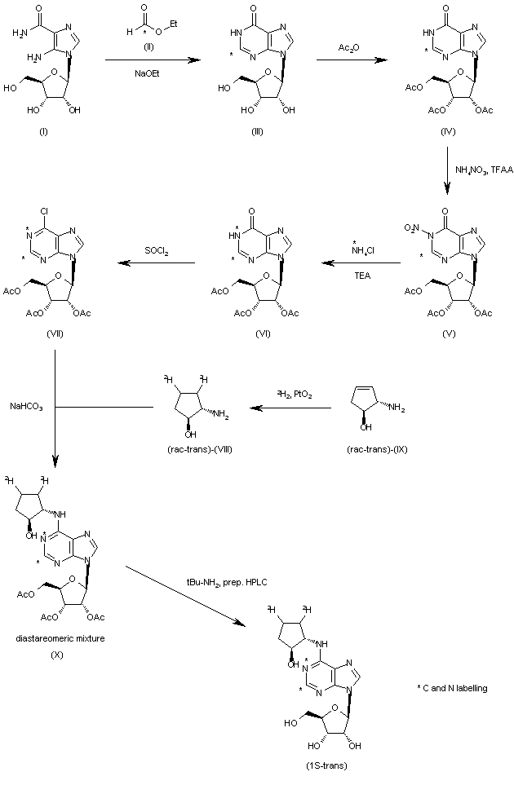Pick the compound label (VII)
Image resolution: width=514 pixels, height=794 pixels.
coord(55,332)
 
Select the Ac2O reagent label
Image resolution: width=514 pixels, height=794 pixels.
coord(352,49)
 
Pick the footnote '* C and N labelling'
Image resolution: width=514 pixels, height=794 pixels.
coord(452,688)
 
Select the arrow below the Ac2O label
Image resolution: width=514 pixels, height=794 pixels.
coord(352,60)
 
